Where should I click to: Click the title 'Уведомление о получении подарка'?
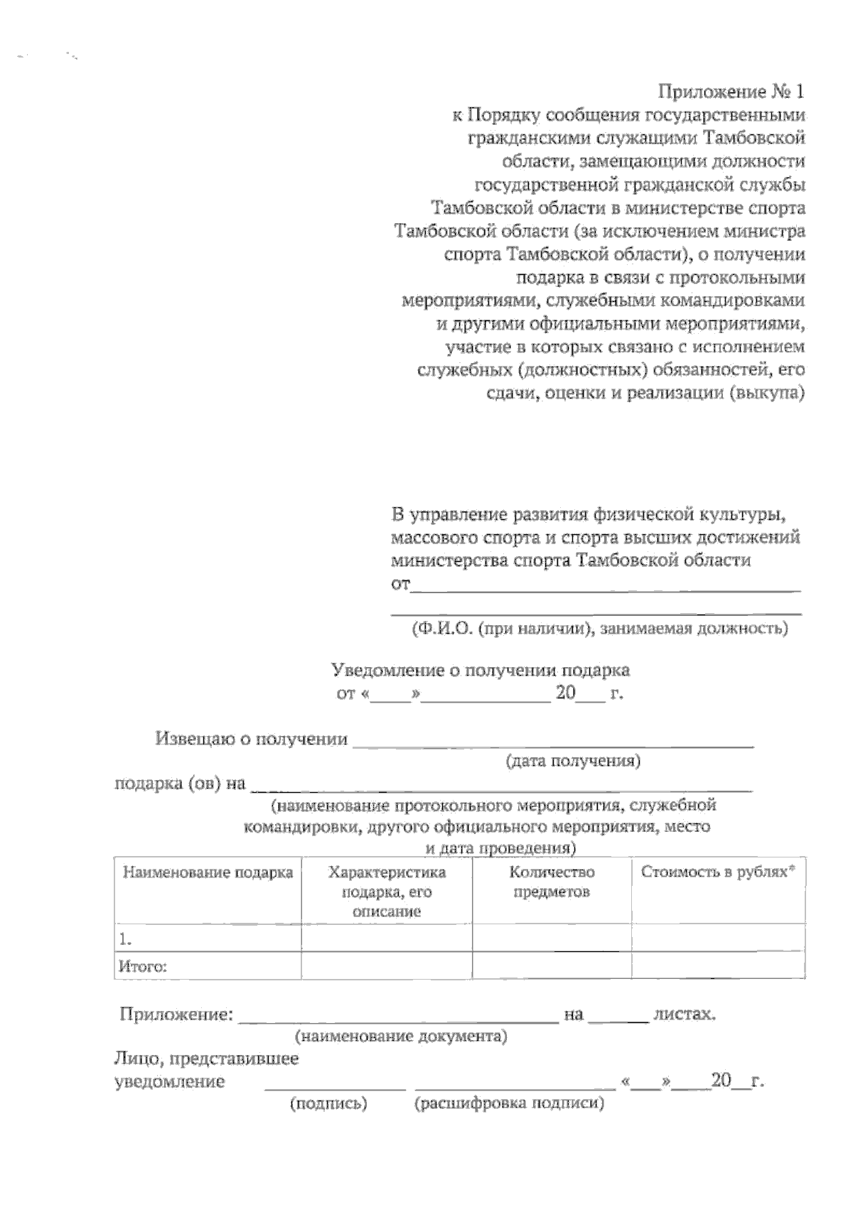(x=481, y=670)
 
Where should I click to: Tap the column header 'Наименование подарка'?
(x=208, y=873)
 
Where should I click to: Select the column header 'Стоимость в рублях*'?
(x=717, y=872)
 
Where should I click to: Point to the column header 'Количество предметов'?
(x=552, y=882)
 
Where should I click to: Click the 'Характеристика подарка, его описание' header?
(x=387, y=892)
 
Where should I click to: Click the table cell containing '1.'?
(x=208, y=939)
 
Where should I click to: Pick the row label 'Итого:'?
(x=208, y=967)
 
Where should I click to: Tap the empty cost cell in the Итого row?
(x=717, y=967)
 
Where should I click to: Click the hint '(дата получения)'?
(x=573, y=762)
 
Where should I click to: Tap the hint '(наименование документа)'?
(x=402, y=1036)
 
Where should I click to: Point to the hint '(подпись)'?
(x=328, y=1104)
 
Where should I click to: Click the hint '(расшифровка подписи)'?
(x=509, y=1104)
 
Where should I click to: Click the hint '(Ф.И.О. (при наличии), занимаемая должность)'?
(x=599, y=629)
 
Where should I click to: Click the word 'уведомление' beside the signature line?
(x=170, y=1082)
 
